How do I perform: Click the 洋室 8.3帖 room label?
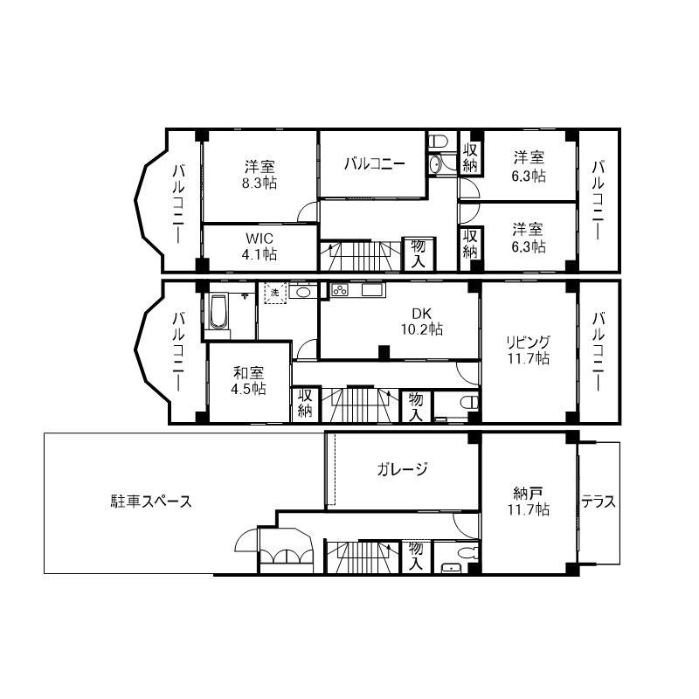coord(259,175)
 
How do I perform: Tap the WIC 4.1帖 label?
coord(259,246)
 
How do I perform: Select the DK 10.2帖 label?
coord(421,322)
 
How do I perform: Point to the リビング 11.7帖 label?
coord(529,350)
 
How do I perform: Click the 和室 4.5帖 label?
coord(248,381)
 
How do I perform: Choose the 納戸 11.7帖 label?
coord(529,502)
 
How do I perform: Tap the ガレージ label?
coord(402,469)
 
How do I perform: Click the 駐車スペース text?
coord(151,502)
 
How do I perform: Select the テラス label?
coord(599,502)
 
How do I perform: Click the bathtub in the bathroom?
coord(218,311)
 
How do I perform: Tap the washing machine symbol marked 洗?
coord(275,293)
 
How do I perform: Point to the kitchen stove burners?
coord(340,290)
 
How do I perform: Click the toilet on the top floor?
coord(439,142)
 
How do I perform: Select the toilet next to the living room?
coord(469,403)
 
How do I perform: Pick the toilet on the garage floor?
coord(469,553)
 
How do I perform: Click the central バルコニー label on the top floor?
coord(375,163)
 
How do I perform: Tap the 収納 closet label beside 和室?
coord(305,403)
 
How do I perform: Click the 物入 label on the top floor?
coord(418,253)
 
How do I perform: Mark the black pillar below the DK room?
coord(384,352)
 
